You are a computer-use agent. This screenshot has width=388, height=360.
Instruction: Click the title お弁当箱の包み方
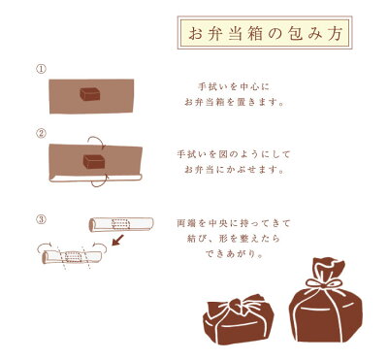coord(265,33)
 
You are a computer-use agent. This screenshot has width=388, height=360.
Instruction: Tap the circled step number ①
coord(41,69)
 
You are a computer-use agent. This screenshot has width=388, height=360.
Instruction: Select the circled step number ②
coord(41,133)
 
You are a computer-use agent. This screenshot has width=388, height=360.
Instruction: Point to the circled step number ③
coord(41,220)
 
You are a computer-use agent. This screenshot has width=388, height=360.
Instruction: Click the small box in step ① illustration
coord(90,94)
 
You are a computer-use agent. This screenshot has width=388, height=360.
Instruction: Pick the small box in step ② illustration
coord(94,161)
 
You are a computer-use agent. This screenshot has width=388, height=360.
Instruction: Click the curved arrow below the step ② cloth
coord(100,183)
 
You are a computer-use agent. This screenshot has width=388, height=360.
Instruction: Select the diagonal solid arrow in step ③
coord(117,240)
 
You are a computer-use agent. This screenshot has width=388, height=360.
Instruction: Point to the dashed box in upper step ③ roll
coord(120,224)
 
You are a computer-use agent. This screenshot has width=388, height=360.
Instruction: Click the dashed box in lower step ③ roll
coord(74,256)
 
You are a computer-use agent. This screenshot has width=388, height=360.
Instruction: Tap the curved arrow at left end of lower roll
coord(45,245)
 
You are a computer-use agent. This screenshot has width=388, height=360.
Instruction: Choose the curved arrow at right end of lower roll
coord(100,245)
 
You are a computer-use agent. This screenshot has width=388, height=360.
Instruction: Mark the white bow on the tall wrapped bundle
coord(324,283)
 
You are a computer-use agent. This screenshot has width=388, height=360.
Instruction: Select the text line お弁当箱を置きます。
coord(234,103)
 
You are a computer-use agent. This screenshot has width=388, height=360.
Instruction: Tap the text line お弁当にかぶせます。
coord(234,170)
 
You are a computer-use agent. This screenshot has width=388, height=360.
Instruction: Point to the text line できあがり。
coord(234,254)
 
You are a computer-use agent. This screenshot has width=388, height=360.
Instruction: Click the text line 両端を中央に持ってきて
coord(234,223)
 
